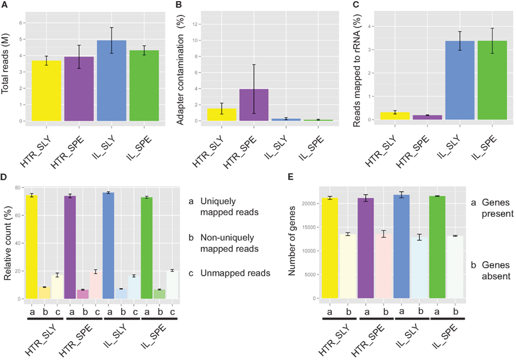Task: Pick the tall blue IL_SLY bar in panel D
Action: tap(108, 245)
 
